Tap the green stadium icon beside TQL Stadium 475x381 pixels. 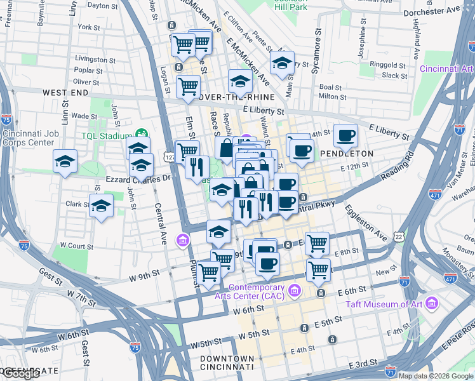tap(141, 135)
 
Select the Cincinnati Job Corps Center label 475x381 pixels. tap(37, 138)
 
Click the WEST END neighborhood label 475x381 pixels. tap(65, 93)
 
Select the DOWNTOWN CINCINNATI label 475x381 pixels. tap(227, 363)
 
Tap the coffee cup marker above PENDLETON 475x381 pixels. tap(345, 135)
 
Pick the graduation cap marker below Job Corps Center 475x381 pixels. tap(65, 162)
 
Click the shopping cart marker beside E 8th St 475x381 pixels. tap(317, 243)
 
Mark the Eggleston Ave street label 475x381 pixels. tap(366, 222)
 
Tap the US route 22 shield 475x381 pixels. tap(398, 235)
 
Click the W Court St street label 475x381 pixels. tap(76, 245)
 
